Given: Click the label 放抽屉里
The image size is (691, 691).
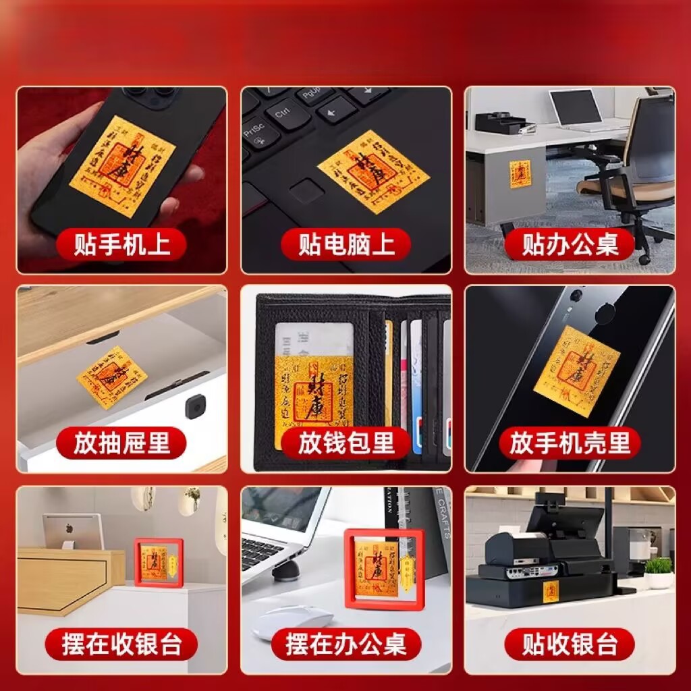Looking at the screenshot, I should pos(121,443).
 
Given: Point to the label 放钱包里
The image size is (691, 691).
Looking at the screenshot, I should pos(345,443).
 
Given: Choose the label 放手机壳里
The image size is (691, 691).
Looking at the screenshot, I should pos(570,443).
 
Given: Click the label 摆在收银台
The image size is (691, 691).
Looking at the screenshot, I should pos(121,644).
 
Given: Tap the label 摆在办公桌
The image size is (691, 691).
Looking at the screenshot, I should pos(345,644).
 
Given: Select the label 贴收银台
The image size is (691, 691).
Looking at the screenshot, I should pos(570,644).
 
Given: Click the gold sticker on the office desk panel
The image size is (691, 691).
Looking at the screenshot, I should pos(520,174).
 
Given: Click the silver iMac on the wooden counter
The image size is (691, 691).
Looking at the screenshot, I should pos(73,530).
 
